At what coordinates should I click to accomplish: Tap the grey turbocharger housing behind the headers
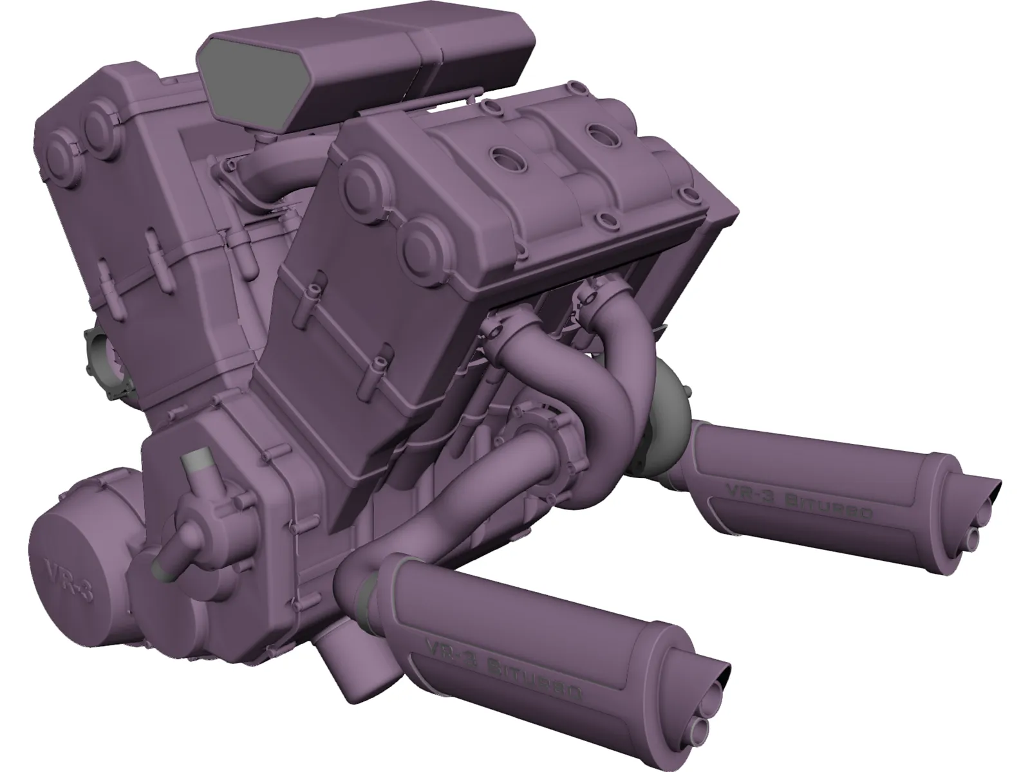[x=669, y=399]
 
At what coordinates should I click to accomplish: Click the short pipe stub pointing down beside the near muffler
[x=348, y=656]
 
